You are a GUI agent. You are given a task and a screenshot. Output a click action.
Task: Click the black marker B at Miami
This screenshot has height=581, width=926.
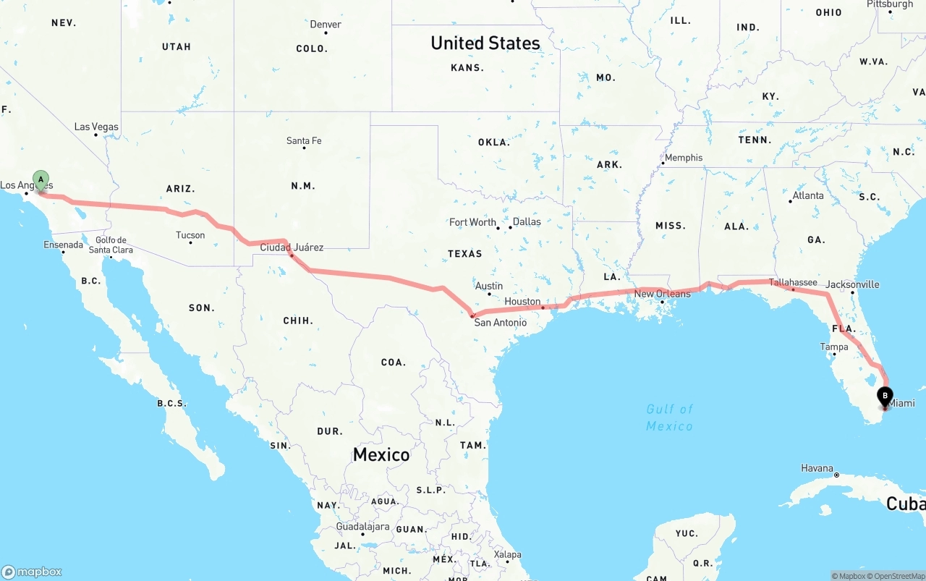(885, 396)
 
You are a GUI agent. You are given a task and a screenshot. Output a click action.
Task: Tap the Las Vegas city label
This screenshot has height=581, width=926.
(96, 127)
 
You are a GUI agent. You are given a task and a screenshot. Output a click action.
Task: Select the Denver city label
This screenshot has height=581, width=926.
(326, 24)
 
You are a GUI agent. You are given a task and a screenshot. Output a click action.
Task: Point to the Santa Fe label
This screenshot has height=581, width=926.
(304, 140)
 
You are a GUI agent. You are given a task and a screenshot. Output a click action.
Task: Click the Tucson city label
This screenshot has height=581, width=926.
(190, 235)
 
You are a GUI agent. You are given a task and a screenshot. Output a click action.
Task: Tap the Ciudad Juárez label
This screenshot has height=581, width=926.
(292, 247)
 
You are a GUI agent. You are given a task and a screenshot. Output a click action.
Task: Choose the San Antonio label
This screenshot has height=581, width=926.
(501, 322)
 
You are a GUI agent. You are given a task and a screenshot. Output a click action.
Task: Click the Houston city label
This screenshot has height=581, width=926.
(522, 301)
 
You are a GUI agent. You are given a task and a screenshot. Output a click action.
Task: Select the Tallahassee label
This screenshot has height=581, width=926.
(793, 282)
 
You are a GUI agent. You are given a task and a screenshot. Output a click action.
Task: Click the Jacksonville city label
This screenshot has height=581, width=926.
(852, 284)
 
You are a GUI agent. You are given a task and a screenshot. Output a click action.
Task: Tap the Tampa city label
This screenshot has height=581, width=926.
(834, 347)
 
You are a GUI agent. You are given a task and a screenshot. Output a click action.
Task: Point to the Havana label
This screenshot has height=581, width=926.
(817, 468)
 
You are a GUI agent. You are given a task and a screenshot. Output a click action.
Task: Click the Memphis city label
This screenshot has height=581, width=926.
(683, 158)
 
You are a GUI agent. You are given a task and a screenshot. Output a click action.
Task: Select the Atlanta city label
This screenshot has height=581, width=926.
(807, 195)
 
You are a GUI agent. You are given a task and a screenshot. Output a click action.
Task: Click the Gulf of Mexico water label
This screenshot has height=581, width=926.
(670, 417)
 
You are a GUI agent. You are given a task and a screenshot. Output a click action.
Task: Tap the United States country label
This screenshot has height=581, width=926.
(485, 43)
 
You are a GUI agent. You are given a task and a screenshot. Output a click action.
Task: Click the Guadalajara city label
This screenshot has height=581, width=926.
(362, 526)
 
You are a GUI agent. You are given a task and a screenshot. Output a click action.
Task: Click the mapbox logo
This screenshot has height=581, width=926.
(33, 572)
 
